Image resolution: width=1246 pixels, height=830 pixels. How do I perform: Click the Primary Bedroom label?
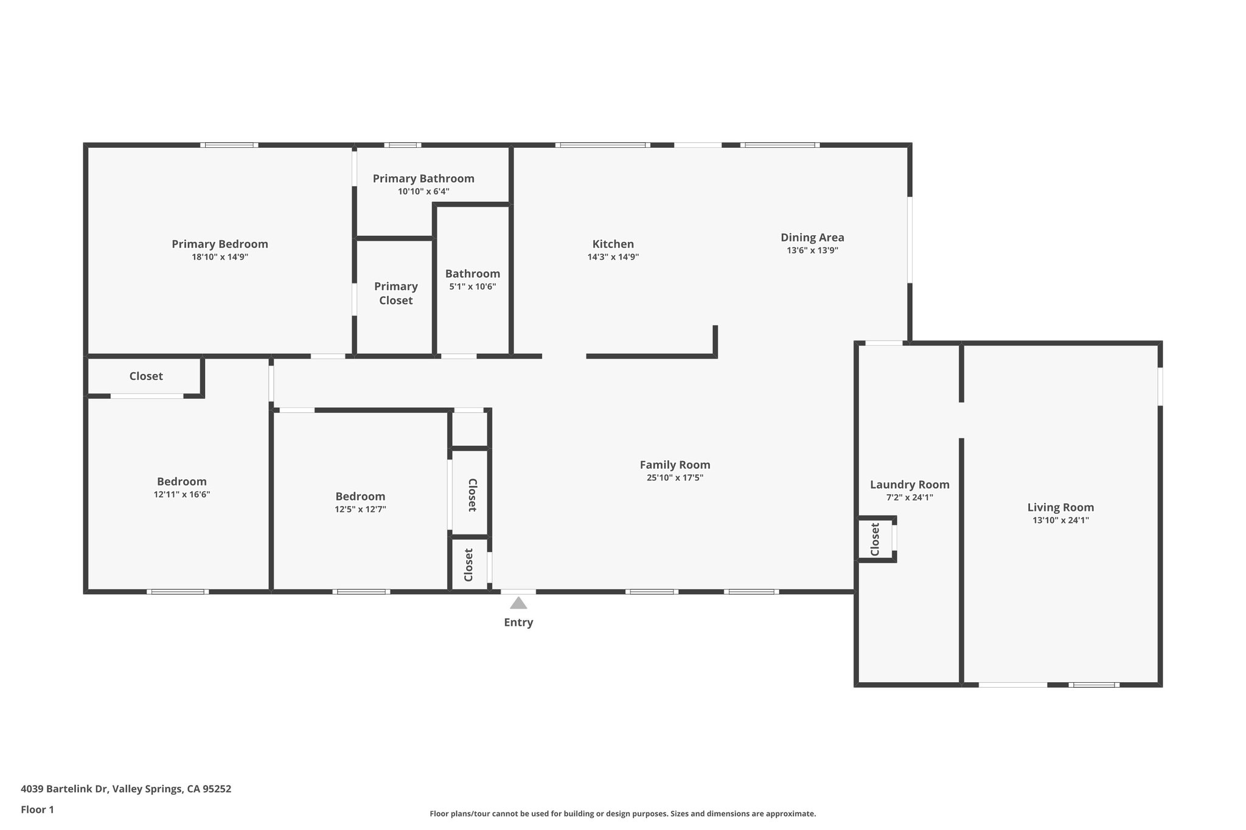pos(220,244)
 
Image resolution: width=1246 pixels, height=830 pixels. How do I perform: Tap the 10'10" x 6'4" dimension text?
pos(423,192)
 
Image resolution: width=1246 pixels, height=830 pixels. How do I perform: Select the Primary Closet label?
pos(395,293)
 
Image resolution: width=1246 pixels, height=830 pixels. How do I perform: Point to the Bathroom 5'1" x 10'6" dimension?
pos(473,286)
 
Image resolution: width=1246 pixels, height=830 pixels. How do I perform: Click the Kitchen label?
pos(613,244)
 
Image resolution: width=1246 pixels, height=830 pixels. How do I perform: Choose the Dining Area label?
pos(812,237)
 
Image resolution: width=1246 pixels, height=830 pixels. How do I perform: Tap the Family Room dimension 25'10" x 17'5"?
pos(675,478)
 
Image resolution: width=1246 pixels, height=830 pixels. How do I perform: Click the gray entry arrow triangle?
pos(518,603)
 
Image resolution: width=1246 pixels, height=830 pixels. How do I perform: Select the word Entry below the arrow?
pos(518,622)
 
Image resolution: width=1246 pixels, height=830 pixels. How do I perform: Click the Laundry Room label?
pos(910,485)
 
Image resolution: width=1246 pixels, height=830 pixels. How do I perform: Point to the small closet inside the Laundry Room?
pos(875,539)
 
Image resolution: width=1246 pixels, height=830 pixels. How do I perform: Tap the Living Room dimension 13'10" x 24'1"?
pos(1060,520)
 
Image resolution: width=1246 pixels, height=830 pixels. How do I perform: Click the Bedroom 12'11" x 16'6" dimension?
pos(182,495)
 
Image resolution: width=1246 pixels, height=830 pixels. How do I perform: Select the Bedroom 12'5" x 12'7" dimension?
pos(360,510)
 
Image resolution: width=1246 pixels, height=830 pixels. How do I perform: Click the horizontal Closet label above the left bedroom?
pos(146,376)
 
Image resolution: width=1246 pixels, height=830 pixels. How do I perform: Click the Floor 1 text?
pos(37,809)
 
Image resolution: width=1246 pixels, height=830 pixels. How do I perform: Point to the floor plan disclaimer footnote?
pos(622,814)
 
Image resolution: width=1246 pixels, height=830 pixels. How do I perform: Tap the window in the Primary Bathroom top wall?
pos(402,145)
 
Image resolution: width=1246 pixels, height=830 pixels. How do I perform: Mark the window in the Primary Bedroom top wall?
pos(229,145)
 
